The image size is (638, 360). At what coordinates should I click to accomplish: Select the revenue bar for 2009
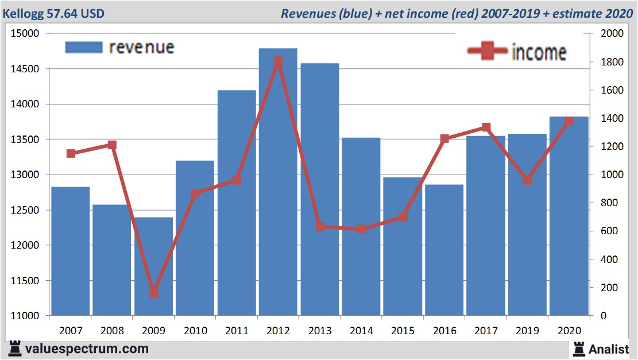[x=153, y=270]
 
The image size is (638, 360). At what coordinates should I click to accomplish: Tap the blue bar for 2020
[x=569, y=218]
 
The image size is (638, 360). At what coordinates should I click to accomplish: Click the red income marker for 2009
[x=153, y=293]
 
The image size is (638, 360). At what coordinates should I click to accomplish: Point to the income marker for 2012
[x=278, y=61]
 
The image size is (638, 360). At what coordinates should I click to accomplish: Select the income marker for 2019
[x=527, y=180]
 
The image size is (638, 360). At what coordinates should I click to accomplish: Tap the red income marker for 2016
[x=444, y=139]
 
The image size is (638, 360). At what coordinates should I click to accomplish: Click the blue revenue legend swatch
[x=84, y=47]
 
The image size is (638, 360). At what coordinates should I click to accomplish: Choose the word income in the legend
[x=539, y=52]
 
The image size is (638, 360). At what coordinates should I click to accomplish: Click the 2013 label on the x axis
[x=319, y=331]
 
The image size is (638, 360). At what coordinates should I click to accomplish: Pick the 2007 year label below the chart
[x=71, y=331]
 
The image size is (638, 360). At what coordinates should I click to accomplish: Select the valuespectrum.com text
[x=87, y=349]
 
